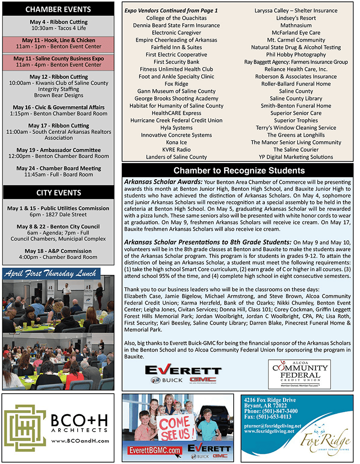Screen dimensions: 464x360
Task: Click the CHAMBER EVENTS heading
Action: point(58,9)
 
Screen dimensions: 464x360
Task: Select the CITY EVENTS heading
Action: point(58,192)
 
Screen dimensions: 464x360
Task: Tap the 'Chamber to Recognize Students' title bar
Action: point(239,171)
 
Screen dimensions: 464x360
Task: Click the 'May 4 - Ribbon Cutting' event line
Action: point(59,22)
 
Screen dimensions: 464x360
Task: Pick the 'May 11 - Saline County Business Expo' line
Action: point(59,59)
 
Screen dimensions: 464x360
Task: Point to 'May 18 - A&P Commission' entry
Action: point(59,251)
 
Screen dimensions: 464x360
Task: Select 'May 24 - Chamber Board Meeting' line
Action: point(59,168)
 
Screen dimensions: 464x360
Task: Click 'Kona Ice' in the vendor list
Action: point(176,143)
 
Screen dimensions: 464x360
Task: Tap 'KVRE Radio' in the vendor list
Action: point(176,150)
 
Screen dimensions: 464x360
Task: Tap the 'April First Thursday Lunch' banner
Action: point(51,274)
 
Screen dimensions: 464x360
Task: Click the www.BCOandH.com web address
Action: point(80,441)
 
